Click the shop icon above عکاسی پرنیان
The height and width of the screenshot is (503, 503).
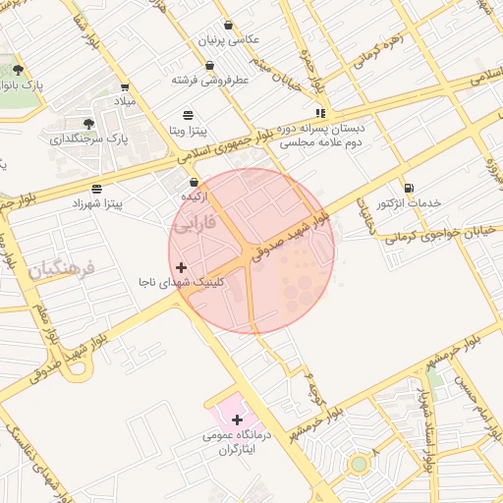(x=229, y=26)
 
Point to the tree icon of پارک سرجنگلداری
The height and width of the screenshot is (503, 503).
(x=88, y=124)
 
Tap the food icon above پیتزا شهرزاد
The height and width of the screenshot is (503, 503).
(x=95, y=188)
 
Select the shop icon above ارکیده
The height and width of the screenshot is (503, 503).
(x=194, y=182)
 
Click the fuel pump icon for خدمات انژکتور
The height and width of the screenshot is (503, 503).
(x=409, y=188)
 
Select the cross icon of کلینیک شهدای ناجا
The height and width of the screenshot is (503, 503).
(x=181, y=267)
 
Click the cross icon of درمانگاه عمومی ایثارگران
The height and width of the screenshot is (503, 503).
(x=237, y=419)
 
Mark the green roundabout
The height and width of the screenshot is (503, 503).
(x=360, y=463)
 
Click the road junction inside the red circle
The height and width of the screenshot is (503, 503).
(x=247, y=252)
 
